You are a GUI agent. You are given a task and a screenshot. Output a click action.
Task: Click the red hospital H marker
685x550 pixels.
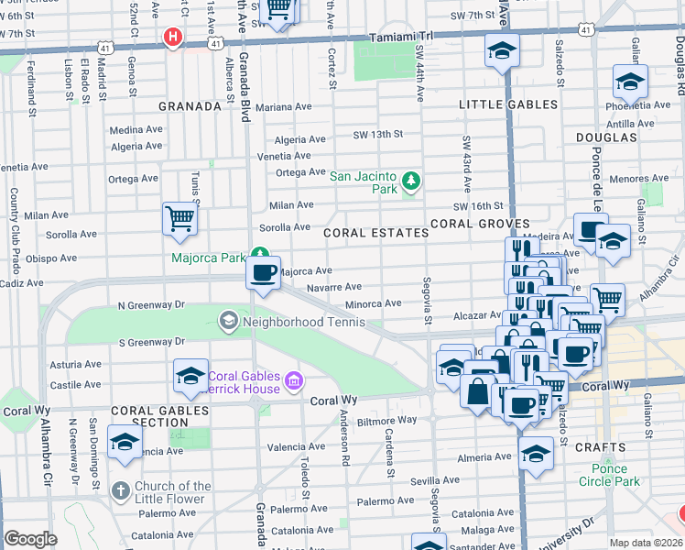pyautogui.click(x=171, y=37)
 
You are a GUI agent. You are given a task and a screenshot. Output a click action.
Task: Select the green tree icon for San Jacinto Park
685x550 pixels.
pyautogui.click(x=411, y=181)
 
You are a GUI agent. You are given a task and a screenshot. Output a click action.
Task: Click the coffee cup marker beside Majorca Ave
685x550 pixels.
pyautogui.click(x=264, y=273)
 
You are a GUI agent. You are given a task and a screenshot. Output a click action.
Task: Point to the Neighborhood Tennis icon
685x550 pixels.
pyautogui.click(x=227, y=321)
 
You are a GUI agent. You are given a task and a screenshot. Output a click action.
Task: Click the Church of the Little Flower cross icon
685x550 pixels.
pyautogui.click(x=119, y=491)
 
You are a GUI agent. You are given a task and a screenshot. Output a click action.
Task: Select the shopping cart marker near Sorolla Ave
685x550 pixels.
pyautogui.click(x=180, y=219)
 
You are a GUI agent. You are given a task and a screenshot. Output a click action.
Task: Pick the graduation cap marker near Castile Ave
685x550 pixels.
pyautogui.click(x=190, y=376)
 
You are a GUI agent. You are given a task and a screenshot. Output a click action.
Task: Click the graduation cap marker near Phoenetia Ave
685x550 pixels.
pyautogui.click(x=630, y=82)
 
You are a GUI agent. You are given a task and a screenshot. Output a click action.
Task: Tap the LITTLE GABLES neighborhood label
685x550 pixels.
pyautogui.click(x=508, y=104)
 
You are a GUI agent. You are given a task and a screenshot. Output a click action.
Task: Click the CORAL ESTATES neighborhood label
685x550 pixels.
pyautogui.click(x=375, y=233)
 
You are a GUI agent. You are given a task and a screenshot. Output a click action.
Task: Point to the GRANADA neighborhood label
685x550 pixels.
pyautogui.click(x=190, y=106)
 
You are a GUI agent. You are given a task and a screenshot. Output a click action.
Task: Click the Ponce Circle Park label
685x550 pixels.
pyautogui.click(x=610, y=474)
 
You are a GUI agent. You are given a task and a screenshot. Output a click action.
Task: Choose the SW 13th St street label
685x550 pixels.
pyautogui.click(x=378, y=135)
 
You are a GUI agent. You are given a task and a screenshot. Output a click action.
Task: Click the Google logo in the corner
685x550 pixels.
pyautogui.click(x=30, y=539)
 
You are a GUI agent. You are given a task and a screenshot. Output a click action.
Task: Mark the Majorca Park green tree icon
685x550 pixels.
pyautogui.click(x=261, y=255)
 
